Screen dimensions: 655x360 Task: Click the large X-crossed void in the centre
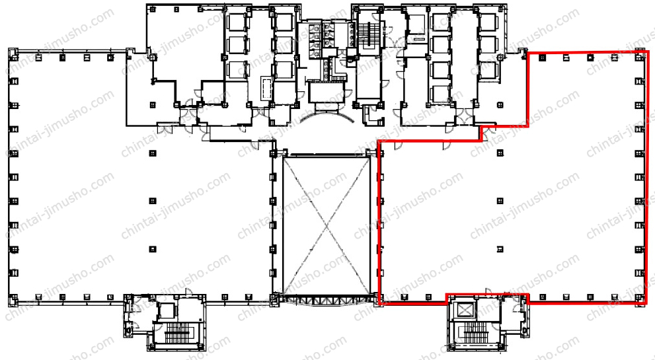[327, 225]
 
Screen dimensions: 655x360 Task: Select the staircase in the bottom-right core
[475, 331]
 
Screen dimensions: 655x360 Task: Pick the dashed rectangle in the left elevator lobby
[266, 88]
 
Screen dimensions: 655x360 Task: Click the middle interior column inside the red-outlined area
[500, 201]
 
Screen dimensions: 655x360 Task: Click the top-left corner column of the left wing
[13, 54]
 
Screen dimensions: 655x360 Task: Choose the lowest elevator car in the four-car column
[440, 93]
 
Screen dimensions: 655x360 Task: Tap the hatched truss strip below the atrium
[327, 299]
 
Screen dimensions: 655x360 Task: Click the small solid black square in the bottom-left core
[202, 320]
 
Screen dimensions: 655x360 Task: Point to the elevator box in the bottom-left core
[167, 311]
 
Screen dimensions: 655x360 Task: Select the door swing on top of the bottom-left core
[188, 291]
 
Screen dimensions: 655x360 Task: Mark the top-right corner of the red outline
[649, 52]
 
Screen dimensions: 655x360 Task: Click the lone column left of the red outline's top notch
[500, 104]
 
